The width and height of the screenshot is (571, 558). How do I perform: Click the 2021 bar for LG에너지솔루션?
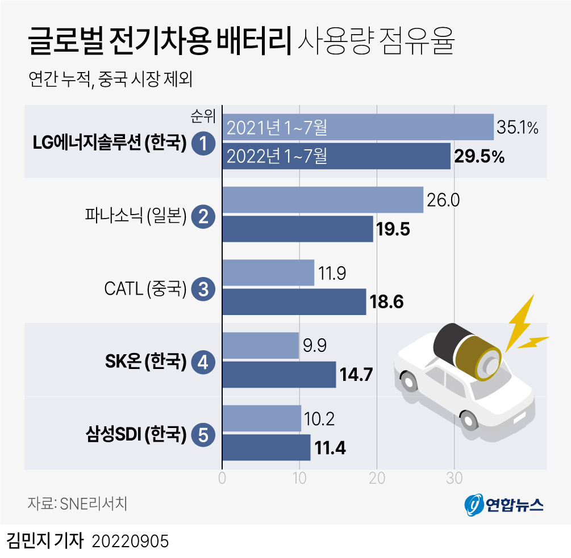pyautogui.click(x=358, y=127)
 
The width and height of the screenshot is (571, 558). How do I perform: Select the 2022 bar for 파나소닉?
pyautogui.click(x=297, y=229)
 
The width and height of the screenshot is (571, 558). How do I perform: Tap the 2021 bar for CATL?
pyautogui.click(x=268, y=272)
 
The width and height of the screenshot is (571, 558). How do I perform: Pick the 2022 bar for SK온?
pyautogui.click(x=278, y=375)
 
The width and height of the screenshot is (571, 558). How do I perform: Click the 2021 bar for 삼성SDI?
pyautogui.click(x=261, y=418)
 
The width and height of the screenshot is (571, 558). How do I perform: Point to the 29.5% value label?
pyautogui.click(x=480, y=157)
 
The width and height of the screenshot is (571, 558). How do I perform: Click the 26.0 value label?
pyautogui.click(x=444, y=200)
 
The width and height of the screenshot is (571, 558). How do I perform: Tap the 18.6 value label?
pyautogui.click(x=386, y=301)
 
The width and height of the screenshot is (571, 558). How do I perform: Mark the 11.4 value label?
pyautogui.click(x=331, y=448)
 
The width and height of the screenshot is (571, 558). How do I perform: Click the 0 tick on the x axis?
pyautogui.click(x=222, y=479)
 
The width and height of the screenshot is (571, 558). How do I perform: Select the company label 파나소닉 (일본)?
pyautogui.click(x=135, y=216)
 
